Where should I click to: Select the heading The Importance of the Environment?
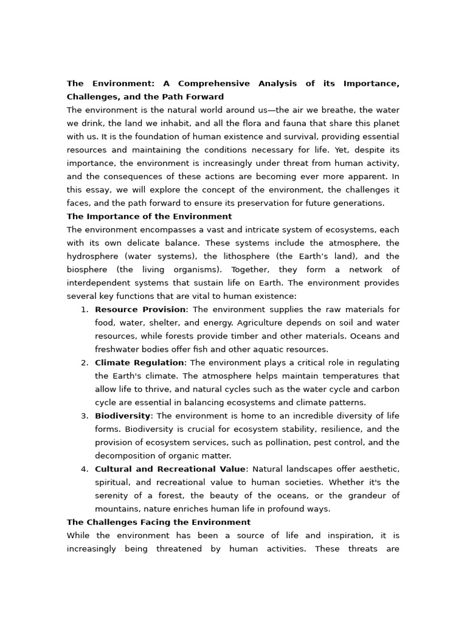[x=149, y=217]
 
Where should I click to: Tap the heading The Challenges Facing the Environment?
[x=158, y=523]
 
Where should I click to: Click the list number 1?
[x=84, y=310]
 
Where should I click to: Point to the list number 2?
[x=84, y=363]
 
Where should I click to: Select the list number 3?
[x=84, y=416]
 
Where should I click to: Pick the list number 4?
[x=84, y=470]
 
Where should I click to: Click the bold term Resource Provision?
[x=140, y=310]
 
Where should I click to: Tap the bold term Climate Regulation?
[x=139, y=363]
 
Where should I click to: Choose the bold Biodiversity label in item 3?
[x=122, y=416]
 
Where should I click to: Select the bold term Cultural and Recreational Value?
[x=170, y=470]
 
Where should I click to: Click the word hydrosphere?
[x=92, y=257]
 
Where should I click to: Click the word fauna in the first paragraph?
[x=273, y=124]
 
